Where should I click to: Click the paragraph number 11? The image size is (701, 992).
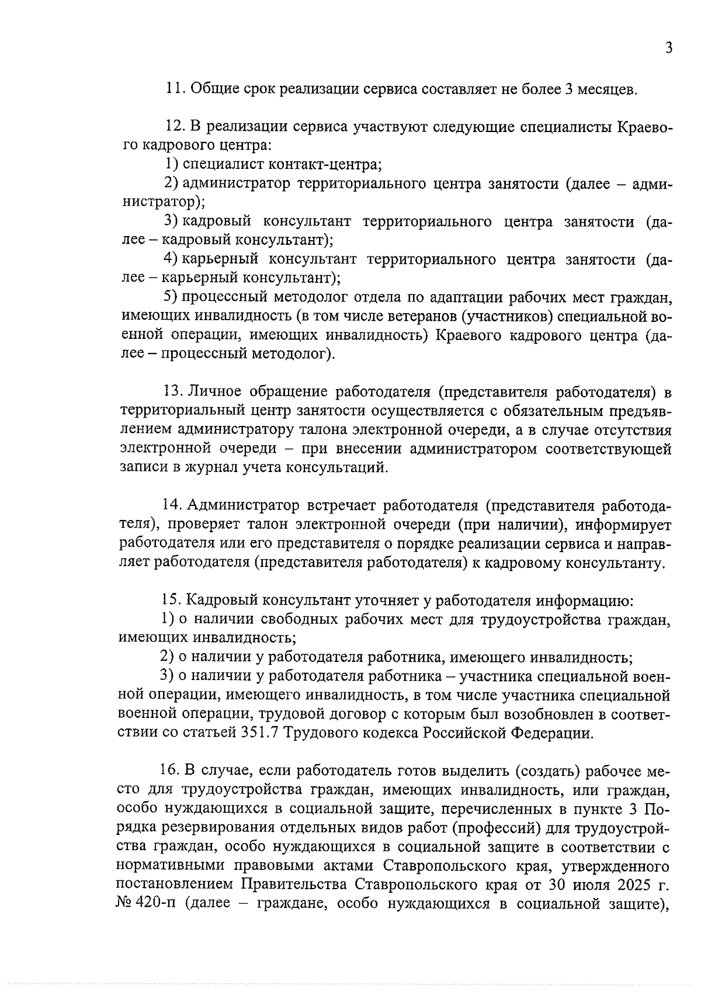[x=173, y=89]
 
